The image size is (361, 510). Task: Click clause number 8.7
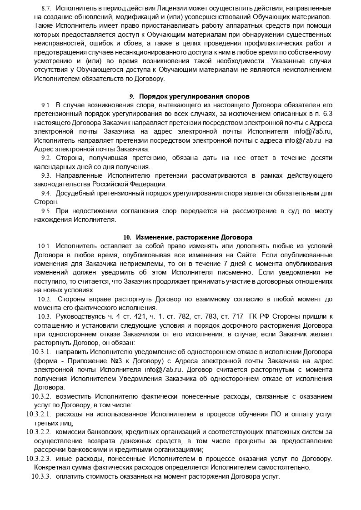[x=46, y=9]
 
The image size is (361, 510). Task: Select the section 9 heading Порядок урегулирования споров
[x=194, y=96]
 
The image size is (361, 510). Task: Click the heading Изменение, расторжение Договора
[x=194, y=237]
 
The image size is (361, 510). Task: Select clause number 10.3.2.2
[x=39, y=431]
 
